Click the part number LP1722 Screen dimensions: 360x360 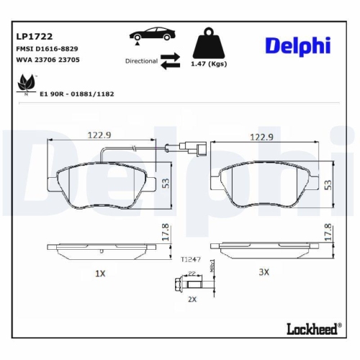pos(34,35)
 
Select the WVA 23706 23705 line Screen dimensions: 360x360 pos(48,61)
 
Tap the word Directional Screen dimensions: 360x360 pos(140,61)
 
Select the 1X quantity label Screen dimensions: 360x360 pos(100,274)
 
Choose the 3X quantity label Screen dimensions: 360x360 pos(264,272)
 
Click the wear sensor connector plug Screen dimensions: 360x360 pos(192,150)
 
